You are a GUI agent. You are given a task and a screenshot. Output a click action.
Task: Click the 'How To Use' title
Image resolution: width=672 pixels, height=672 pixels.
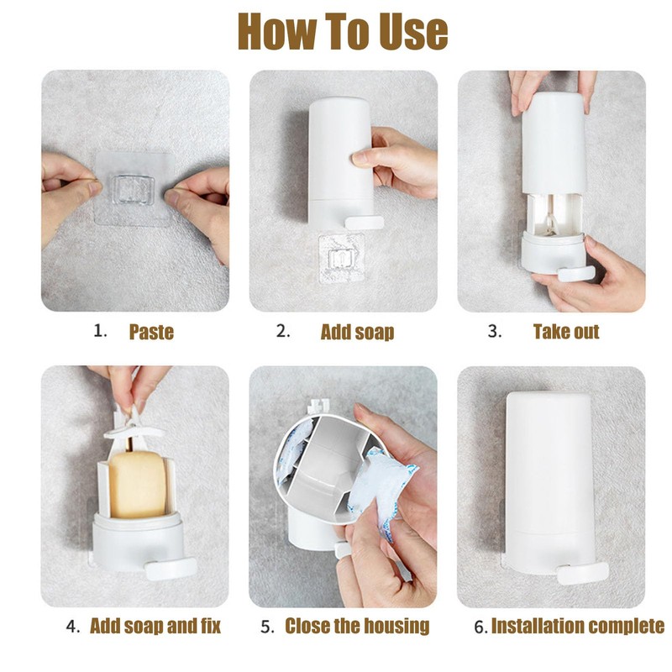(x=342, y=31)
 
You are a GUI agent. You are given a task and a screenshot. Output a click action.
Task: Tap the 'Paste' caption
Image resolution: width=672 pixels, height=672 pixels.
(x=151, y=332)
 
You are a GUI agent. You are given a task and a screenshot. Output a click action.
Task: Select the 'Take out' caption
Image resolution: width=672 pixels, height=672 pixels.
(x=566, y=331)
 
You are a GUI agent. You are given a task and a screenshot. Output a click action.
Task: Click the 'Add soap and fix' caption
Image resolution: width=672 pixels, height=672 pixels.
(x=155, y=626)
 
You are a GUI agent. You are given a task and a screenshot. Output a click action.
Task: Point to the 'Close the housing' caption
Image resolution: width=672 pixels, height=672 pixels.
(x=357, y=626)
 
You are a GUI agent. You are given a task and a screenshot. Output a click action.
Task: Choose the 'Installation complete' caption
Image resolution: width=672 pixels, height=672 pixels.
(x=577, y=626)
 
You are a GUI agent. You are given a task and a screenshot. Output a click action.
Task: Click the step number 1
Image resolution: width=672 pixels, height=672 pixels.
(x=101, y=331)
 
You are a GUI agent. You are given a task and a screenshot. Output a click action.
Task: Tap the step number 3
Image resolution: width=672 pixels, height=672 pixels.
(x=494, y=331)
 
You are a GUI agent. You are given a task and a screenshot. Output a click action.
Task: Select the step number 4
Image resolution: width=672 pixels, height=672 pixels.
(x=74, y=626)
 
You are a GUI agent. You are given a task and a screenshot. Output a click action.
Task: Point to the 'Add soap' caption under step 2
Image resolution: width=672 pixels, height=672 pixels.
(x=357, y=332)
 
